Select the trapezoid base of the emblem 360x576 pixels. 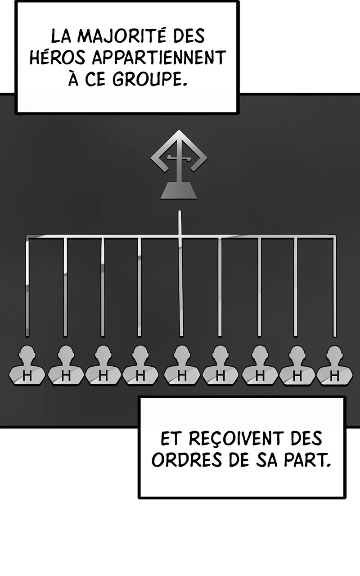click(x=179, y=191)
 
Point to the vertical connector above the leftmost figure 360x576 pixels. click(x=27, y=288)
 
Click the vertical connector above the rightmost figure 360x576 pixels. click(x=334, y=288)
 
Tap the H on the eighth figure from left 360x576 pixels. click(x=297, y=377)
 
